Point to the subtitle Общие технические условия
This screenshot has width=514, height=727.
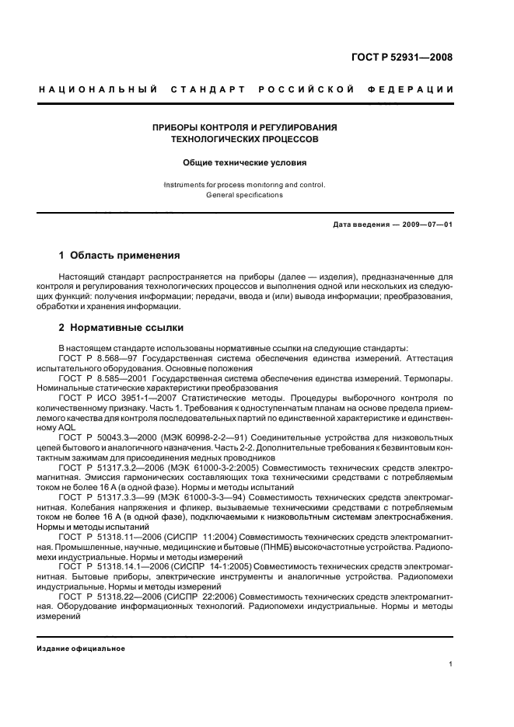coord(244,163)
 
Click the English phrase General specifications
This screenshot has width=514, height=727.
coord(244,195)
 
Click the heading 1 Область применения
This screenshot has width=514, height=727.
coord(120,255)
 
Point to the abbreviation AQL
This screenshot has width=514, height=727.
coord(68,428)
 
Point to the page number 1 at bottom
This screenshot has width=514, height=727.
coord(451,664)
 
